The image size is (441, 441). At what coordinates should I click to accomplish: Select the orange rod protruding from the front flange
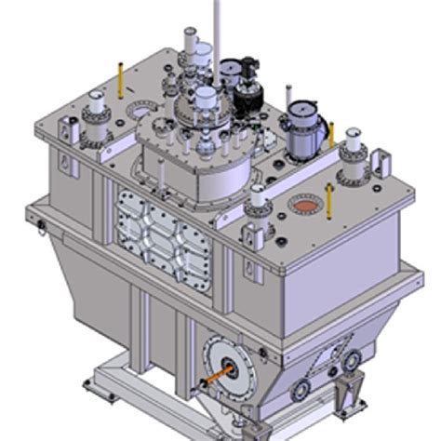pos(209,381)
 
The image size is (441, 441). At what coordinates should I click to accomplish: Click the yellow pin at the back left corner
pos(120,82)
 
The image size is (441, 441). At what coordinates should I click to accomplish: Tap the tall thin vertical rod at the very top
pos(217,19)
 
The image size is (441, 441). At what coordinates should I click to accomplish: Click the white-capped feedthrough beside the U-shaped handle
pos(354,151)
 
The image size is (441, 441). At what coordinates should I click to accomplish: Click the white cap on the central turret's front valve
pos(205,96)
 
